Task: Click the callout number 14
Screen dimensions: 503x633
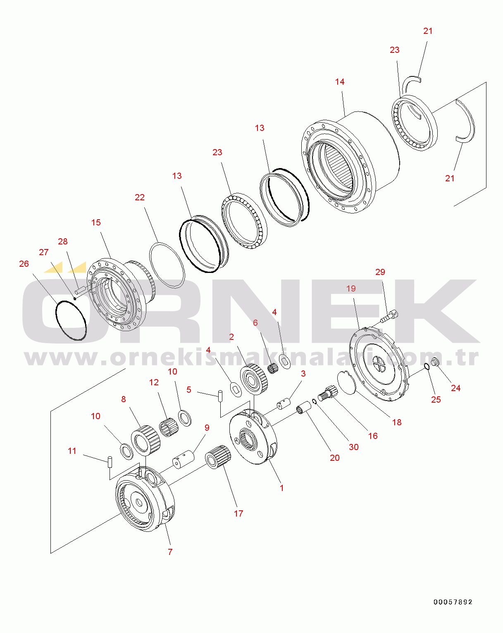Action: pyautogui.click(x=340, y=82)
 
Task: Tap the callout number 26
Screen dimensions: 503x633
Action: pyautogui.click(x=24, y=264)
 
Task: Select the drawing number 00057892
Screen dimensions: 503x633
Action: pyautogui.click(x=453, y=602)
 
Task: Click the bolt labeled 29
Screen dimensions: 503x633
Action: pyautogui.click(x=389, y=316)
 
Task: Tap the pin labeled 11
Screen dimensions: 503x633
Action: pyautogui.click(x=110, y=462)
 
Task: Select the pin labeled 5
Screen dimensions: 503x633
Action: pyautogui.click(x=220, y=395)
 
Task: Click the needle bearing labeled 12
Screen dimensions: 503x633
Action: pyautogui.click(x=169, y=427)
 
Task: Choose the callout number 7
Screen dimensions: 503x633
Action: pyautogui.click(x=170, y=552)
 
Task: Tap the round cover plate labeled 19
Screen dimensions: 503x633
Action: pyautogui.click(x=379, y=363)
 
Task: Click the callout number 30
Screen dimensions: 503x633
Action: pyautogui.click(x=353, y=447)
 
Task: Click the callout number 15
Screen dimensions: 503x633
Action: pyautogui.click(x=96, y=223)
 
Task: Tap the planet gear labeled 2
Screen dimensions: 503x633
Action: pyautogui.click(x=254, y=379)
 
